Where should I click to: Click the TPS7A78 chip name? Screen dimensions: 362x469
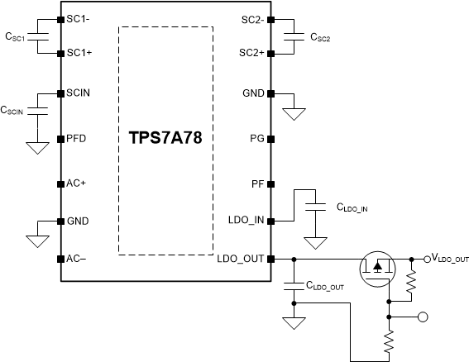[x=165, y=138]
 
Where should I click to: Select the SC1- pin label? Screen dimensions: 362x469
[x=80, y=19]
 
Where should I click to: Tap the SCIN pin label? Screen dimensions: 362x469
[x=80, y=93]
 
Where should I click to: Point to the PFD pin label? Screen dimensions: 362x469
[x=78, y=138]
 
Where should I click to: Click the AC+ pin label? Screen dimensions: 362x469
[x=77, y=183]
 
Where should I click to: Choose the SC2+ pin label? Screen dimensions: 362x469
[x=251, y=52]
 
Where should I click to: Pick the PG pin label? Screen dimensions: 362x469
[x=256, y=138]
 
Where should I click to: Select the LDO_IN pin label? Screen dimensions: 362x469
[x=246, y=221]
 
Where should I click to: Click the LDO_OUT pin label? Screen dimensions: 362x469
[x=241, y=258]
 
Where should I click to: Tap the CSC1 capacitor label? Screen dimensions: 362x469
[x=16, y=37]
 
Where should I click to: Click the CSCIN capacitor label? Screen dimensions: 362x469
[x=16, y=109]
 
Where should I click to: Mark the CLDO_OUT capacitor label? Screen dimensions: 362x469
[x=324, y=287]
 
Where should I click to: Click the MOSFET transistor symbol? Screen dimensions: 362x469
[x=377, y=269]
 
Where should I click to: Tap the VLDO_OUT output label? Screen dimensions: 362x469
[x=450, y=259]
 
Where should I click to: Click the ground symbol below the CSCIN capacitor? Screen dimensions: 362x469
[x=36, y=148]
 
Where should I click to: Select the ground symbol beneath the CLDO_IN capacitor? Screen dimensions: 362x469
[x=314, y=244]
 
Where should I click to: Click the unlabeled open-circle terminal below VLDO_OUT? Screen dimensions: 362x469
[x=423, y=316]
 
